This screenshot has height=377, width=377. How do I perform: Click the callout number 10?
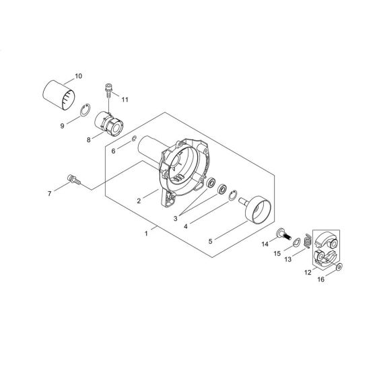79,75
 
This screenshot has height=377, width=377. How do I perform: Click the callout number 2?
137,201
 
